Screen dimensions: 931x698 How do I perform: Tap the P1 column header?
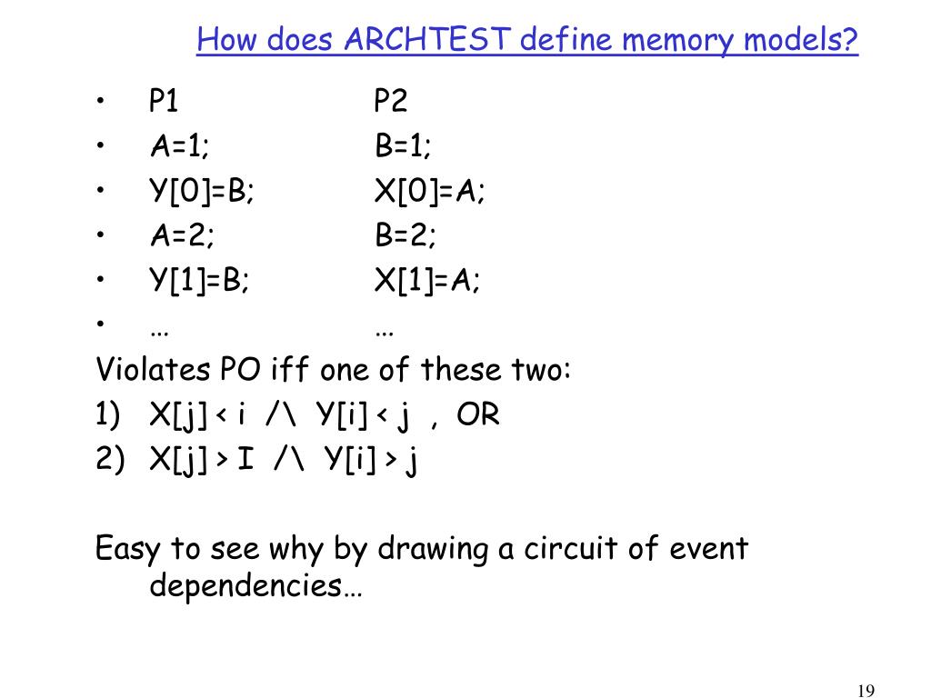coord(164,100)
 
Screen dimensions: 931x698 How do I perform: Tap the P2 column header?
coord(391,100)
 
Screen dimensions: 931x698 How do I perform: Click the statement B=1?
coord(404,145)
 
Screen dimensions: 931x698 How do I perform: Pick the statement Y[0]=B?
coord(202,191)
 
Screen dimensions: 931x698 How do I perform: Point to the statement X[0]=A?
coord(430,191)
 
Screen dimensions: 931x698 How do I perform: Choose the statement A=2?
coord(183,236)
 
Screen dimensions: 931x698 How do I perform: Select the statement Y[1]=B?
coord(200,282)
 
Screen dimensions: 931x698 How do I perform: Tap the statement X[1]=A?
coord(427,282)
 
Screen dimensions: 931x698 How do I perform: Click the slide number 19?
coord(866,691)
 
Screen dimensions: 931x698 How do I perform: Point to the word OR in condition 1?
coord(478,415)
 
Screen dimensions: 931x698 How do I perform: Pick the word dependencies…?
coord(255,586)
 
